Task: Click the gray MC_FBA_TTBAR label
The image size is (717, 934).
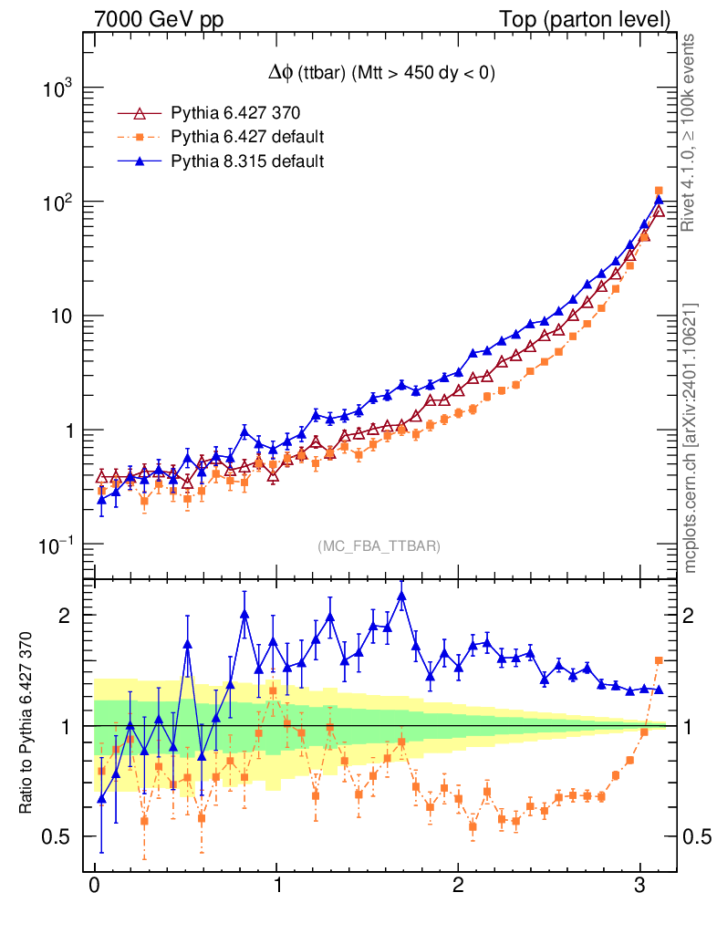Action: click(379, 546)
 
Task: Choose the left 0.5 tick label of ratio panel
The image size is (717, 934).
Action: click(60, 836)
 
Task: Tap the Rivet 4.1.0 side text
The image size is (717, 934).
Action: click(691, 132)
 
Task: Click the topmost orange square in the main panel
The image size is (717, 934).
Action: click(659, 191)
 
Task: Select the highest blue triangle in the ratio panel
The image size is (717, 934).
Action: click(402, 597)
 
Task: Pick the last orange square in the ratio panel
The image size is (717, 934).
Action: click(659, 660)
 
